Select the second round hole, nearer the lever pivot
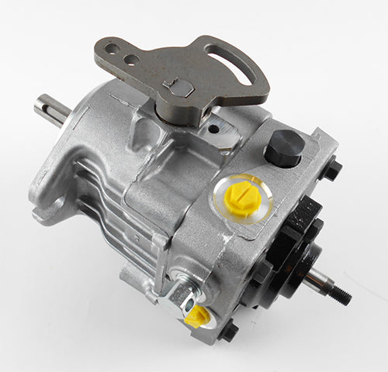point(132,59)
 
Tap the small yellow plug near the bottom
point(197,316)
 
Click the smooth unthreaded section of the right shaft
point(315,281)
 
